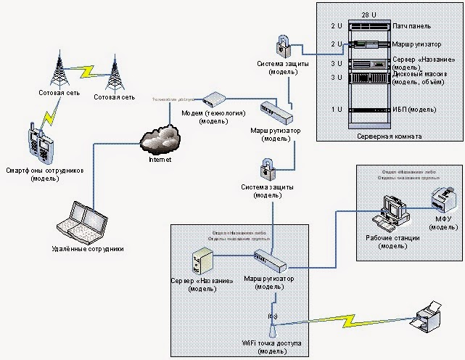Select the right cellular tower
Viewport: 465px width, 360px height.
[114, 73]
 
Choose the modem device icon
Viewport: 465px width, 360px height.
[213, 98]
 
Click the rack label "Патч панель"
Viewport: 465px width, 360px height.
[413, 25]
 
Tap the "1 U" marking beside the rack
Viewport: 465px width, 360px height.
[336, 109]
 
